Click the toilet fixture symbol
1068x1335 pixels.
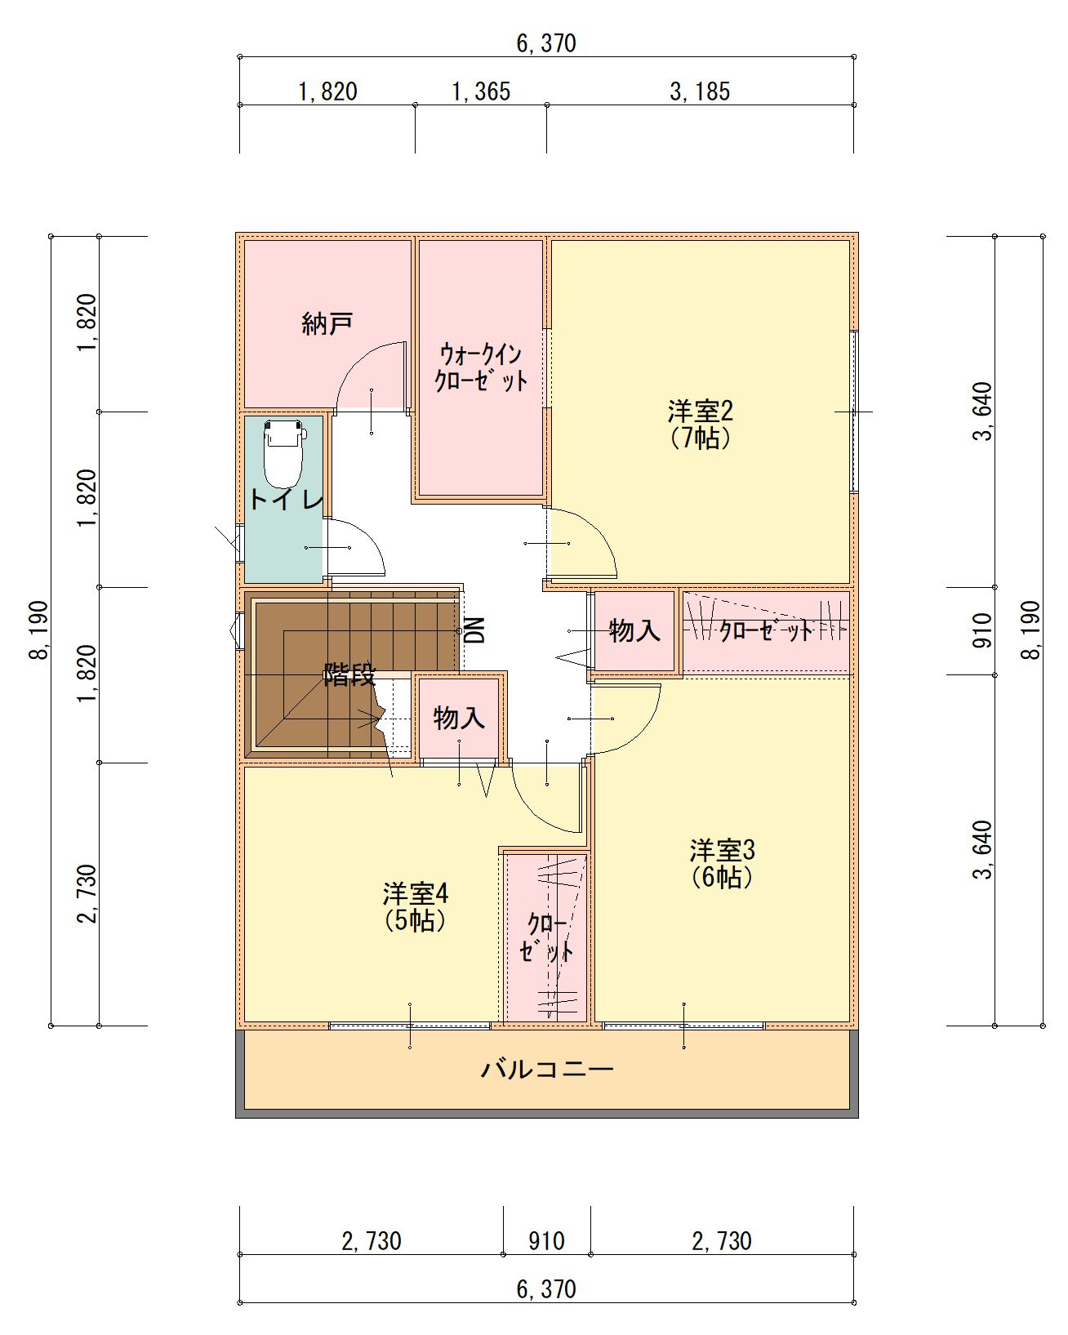tap(283, 454)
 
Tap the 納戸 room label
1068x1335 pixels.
tap(327, 323)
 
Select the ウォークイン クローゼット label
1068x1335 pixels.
tap(481, 368)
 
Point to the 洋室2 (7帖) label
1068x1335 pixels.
tap(700, 425)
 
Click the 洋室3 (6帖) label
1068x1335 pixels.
tap(723, 863)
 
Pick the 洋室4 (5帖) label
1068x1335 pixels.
tap(415, 907)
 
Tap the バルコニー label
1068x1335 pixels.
tap(547, 1069)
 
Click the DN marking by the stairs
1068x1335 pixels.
tap(475, 630)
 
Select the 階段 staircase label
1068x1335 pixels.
tap(350, 675)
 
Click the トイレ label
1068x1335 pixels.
tap(286, 500)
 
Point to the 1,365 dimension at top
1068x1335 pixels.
tap(481, 91)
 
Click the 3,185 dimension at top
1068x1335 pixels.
tap(700, 91)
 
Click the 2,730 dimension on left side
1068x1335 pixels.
tap(88, 894)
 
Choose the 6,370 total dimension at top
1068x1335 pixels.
tap(546, 43)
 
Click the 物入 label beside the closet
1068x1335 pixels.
tap(634, 630)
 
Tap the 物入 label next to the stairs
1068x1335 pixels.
tap(459, 718)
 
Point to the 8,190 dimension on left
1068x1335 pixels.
tap(40, 630)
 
